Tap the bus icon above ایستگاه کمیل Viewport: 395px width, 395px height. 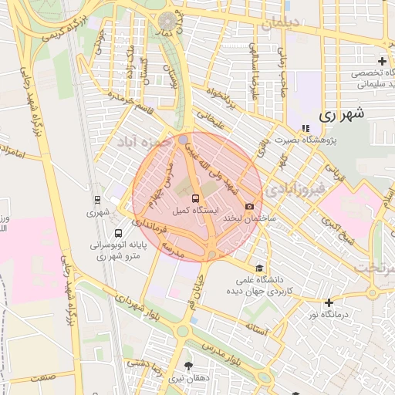coord(194,198)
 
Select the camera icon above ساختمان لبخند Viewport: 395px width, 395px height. coord(249,206)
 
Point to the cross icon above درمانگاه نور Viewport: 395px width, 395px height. coord(329,302)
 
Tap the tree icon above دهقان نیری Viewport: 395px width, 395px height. coord(187,366)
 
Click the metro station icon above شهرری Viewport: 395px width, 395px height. coord(95,197)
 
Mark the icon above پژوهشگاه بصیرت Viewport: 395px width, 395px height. coord(306,128)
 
